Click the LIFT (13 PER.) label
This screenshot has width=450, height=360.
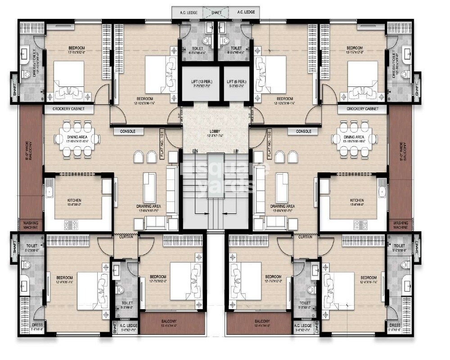[200, 81]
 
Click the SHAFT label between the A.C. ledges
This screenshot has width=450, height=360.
[216, 12]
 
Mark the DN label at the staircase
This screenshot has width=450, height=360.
[195, 151]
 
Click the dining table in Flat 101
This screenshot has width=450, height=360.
[76, 139]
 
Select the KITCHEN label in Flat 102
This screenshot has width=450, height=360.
[357, 200]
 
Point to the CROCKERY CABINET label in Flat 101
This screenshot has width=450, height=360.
[68, 109]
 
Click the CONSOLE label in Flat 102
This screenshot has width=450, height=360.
[303, 131]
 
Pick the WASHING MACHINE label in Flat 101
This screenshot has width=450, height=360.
[31, 225]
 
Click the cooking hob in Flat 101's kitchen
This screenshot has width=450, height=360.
[71, 223]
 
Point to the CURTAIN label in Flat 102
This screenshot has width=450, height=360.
[305, 237]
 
